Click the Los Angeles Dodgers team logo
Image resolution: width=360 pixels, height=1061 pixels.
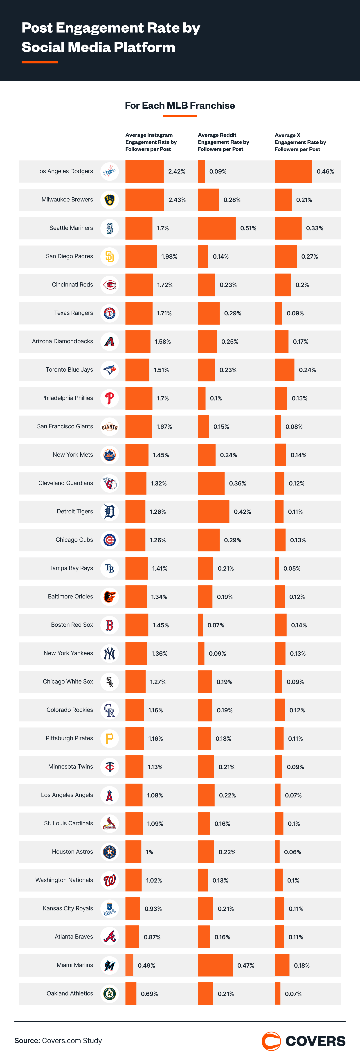click(x=110, y=171)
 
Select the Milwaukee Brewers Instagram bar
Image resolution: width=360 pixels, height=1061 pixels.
click(x=145, y=200)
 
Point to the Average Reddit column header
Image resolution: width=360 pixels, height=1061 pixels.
click(x=223, y=142)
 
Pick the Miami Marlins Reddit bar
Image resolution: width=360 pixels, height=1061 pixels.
click(x=215, y=965)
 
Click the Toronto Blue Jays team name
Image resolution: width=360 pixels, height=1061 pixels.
click(x=69, y=370)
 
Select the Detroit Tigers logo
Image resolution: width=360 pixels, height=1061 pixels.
click(x=110, y=512)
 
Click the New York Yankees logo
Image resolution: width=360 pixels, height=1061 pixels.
click(x=110, y=653)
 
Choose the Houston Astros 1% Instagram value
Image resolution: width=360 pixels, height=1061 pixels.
click(x=150, y=852)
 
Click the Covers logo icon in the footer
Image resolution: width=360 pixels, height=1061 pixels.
click(x=271, y=1041)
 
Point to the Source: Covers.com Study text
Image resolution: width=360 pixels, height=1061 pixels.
click(x=58, y=1041)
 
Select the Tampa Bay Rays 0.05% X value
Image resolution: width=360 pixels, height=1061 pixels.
click(x=292, y=568)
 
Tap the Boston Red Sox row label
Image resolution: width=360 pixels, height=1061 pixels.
click(x=72, y=625)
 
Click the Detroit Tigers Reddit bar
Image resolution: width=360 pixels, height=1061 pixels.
click(x=213, y=512)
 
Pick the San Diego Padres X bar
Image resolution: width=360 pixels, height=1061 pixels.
click(x=286, y=257)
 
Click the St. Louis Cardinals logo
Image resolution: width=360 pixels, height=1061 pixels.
click(x=110, y=823)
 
